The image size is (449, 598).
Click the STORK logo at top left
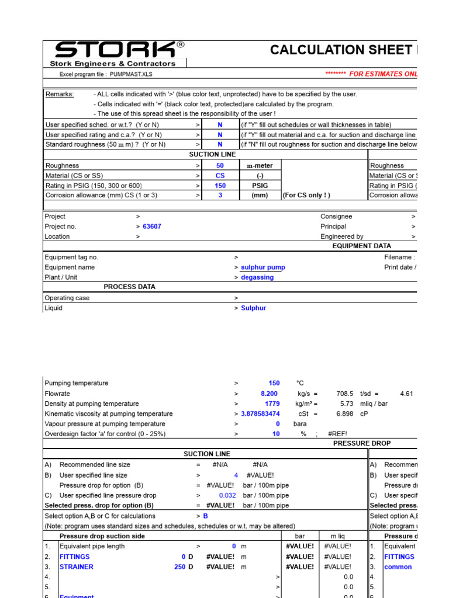coord(115,50)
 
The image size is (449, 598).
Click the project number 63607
coord(151,227)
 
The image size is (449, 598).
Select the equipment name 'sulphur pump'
coord(263,267)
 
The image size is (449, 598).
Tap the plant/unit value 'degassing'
coord(257,277)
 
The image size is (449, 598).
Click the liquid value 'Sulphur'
coord(253,308)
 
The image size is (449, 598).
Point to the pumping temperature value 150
coord(274,383)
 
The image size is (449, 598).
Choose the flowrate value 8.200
coord(269,394)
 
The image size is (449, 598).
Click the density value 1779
coord(272,404)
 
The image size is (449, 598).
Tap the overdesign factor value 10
coord(275,434)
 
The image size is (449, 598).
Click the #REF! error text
coord(338,434)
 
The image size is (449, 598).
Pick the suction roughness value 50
coord(220,166)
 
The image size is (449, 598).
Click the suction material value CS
coord(220,176)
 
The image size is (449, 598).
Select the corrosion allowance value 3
coord(220,196)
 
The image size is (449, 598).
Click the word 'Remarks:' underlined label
coord(60,94)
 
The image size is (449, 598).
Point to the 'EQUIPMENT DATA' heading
coord(361,246)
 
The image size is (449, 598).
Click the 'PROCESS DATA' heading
coord(129,287)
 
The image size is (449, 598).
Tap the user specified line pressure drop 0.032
coord(227,495)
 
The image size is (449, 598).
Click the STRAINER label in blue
coord(76,567)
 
